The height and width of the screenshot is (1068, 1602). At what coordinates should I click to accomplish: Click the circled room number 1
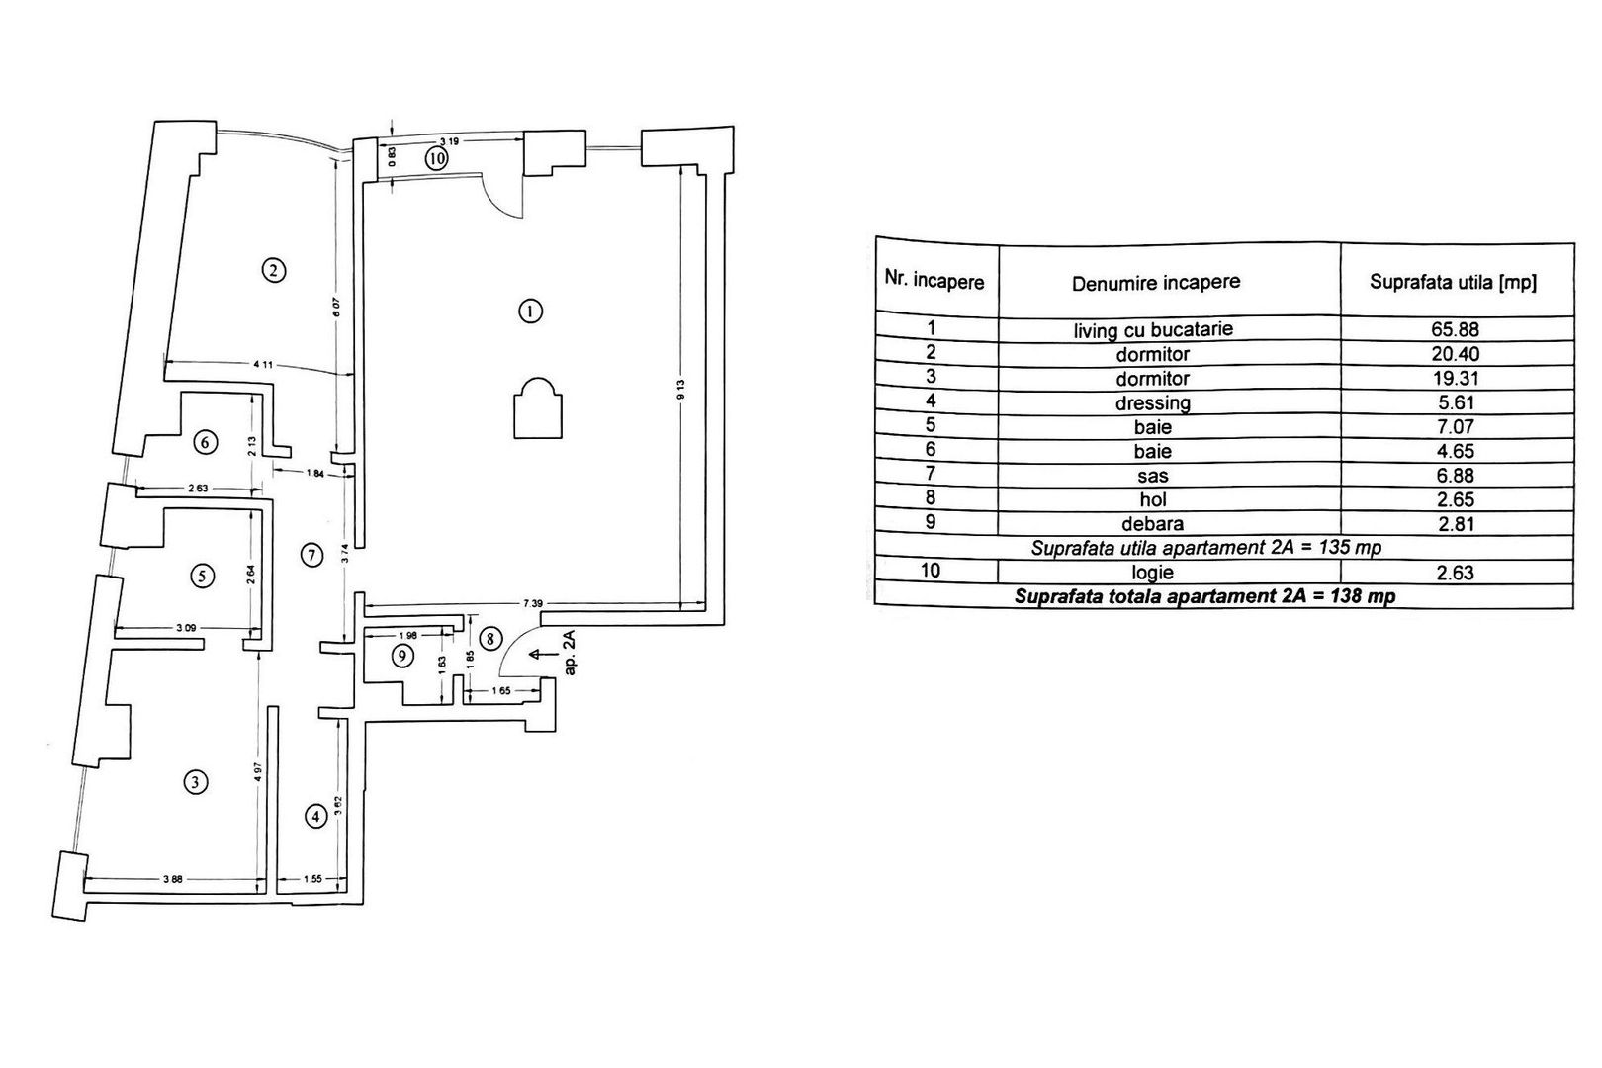pos(531,311)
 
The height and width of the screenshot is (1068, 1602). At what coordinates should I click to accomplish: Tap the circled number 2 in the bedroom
pos(273,269)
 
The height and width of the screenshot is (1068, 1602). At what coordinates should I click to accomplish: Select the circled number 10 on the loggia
pos(437,157)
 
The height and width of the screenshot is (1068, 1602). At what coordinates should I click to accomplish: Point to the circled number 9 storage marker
pos(400,655)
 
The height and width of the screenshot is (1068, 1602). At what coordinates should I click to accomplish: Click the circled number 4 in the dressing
pos(315,817)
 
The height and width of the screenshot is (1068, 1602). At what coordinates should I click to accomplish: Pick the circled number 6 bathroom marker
pos(205,442)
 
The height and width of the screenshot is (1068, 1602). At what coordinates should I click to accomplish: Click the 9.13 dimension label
pos(681,390)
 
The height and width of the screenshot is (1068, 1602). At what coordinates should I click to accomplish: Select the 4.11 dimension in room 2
pos(263,365)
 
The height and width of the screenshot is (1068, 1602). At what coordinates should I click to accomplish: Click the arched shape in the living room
pos(538,407)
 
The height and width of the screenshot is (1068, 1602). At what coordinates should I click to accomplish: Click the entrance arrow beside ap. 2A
pos(540,654)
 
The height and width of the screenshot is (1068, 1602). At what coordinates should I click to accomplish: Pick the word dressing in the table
pos(1152,402)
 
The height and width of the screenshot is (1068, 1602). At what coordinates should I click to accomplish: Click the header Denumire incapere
pos(1155,283)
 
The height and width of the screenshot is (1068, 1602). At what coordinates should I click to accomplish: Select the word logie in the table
pos(1153,572)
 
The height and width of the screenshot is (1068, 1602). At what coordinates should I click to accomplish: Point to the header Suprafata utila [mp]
pos(1453,282)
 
